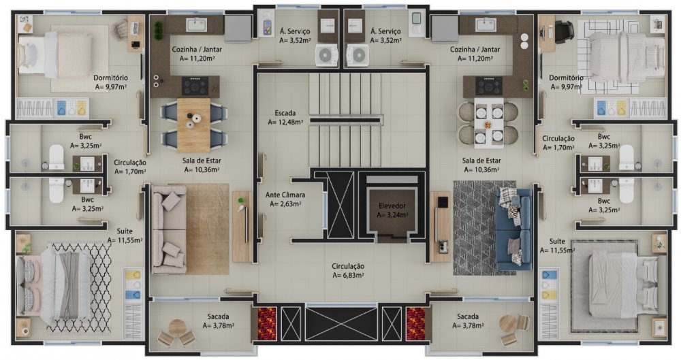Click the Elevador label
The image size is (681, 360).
(392, 206)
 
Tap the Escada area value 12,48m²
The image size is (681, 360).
(285, 122)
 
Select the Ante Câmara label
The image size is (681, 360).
(285, 195)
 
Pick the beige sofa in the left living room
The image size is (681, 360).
(169, 229)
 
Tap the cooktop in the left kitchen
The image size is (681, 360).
(195, 86)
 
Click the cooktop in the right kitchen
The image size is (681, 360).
(488, 86)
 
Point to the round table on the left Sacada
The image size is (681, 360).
(177, 327)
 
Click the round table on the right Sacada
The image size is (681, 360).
(508, 323)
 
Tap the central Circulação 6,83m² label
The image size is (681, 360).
(348, 270)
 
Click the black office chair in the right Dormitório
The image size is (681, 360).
(563, 31)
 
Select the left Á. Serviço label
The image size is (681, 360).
(294, 31)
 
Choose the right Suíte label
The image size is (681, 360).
(557, 242)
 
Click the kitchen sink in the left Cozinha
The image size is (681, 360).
(196, 24)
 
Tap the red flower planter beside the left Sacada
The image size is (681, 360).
(267, 323)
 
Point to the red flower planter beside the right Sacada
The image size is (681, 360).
(415, 323)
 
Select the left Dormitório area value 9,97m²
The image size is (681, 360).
(111, 86)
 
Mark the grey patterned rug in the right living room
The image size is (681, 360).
(484, 228)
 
